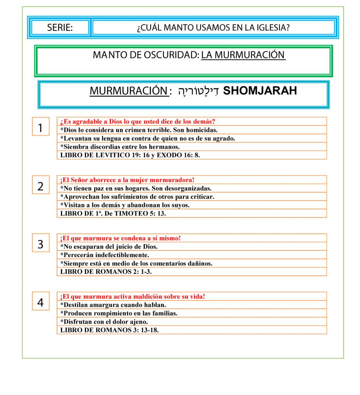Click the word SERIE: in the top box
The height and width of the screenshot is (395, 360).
click(60, 28)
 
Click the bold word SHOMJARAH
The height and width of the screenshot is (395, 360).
click(260, 91)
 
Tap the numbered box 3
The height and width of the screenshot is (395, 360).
click(41, 244)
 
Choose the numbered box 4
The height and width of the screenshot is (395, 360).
click(41, 302)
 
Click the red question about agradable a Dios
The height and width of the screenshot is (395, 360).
click(137, 122)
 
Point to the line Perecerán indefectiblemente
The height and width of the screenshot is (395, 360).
click(105, 255)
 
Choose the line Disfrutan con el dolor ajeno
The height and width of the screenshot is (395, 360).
click(104, 322)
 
